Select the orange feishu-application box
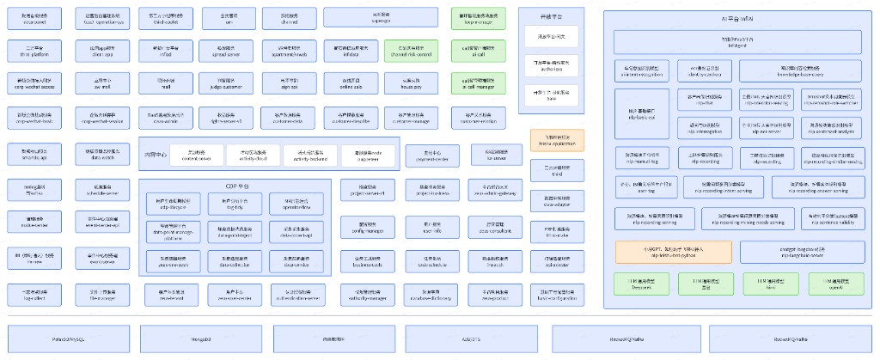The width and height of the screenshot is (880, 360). (556, 140)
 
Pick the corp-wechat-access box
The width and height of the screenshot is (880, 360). (35, 83)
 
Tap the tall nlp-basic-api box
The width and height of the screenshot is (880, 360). (642, 115)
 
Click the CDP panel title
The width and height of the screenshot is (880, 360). (235, 186)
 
